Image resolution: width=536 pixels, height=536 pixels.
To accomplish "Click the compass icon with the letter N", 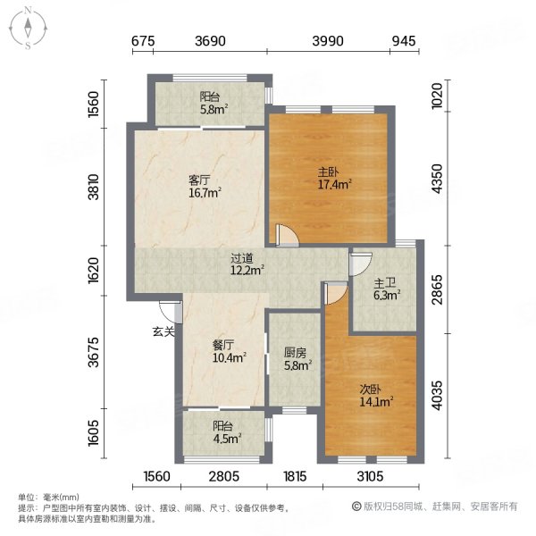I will [29, 27].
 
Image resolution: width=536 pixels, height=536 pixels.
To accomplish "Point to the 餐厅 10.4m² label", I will [227, 351].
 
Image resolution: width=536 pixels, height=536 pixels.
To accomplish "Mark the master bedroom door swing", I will [286, 235].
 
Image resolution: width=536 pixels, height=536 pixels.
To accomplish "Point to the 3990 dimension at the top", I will [329, 41].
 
